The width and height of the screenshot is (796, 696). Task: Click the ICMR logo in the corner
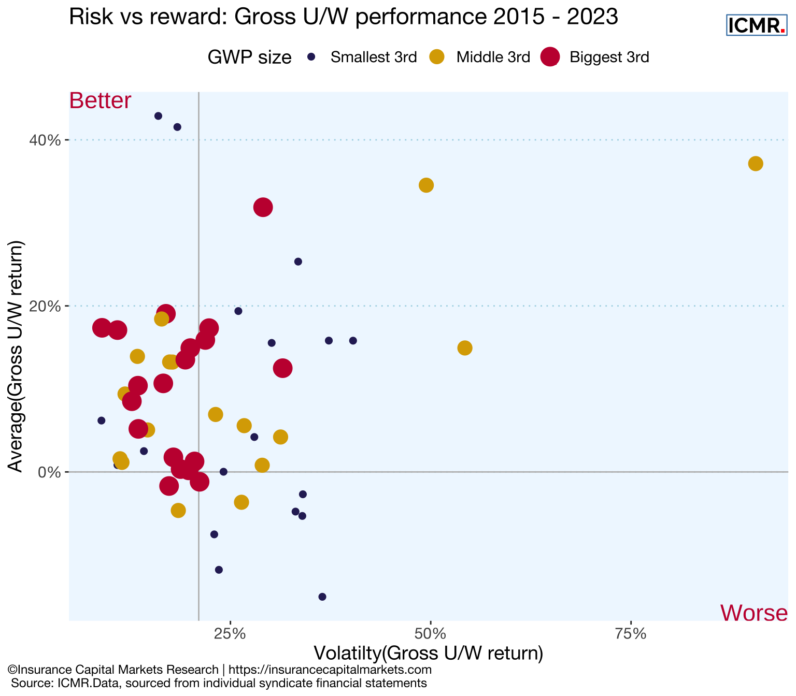coord(757,25)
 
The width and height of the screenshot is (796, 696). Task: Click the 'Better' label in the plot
coord(100,100)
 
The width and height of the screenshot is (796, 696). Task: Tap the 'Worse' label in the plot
coord(754,613)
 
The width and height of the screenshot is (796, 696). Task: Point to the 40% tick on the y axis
coord(47,140)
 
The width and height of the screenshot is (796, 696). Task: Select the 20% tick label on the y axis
coord(47,307)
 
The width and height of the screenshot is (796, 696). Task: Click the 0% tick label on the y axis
coord(51,472)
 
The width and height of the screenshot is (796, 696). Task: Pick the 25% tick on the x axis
coord(230,634)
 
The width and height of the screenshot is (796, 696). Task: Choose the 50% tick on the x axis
coord(430,634)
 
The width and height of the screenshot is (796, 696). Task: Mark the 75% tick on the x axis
coord(631,634)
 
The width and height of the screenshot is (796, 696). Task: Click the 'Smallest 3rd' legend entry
coord(373,57)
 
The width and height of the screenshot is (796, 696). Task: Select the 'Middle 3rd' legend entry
coord(493,57)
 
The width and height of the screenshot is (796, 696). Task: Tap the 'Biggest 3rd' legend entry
coord(609,57)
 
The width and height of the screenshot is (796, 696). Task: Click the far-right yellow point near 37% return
coord(756,164)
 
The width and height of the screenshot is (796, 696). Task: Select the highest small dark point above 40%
coord(158,116)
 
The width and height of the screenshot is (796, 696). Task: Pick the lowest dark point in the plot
coord(322,597)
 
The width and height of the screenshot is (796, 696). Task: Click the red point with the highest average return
coord(263,208)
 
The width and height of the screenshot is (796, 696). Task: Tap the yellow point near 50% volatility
coord(426,185)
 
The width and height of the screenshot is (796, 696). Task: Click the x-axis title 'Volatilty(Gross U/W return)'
coord(428,654)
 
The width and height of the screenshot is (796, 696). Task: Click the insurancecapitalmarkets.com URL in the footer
coord(330,670)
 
